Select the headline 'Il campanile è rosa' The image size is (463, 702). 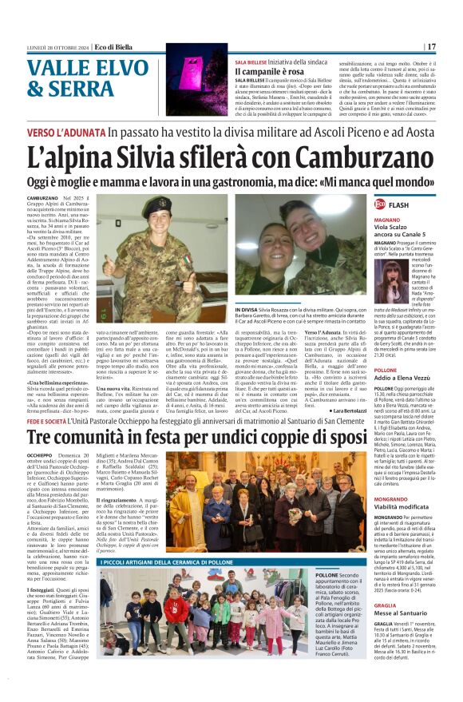270,72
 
